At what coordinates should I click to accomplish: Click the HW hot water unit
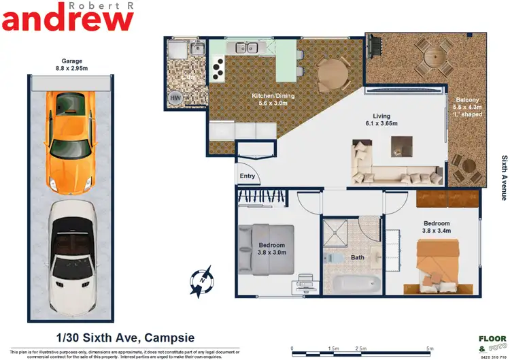tap(176, 98)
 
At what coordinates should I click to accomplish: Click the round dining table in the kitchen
tap(332, 71)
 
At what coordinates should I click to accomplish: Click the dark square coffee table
tap(401, 144)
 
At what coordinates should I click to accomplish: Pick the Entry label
tap(247, 176)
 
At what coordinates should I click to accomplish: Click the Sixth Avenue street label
tap(504, 177)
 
